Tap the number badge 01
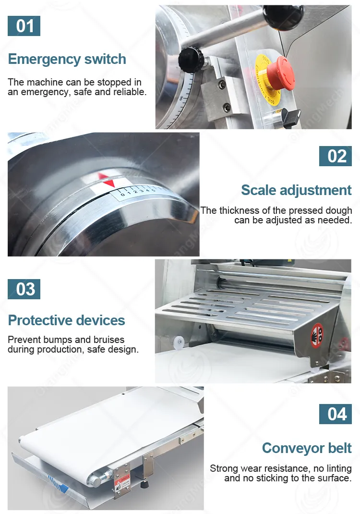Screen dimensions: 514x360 click(24, 26)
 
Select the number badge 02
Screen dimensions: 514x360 click(336, 156)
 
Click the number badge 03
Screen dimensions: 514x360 click(24, 289)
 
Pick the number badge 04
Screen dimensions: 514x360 click(336, 414)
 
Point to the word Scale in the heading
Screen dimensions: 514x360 click(259, 190)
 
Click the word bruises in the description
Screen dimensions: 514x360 click(107, 340)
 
